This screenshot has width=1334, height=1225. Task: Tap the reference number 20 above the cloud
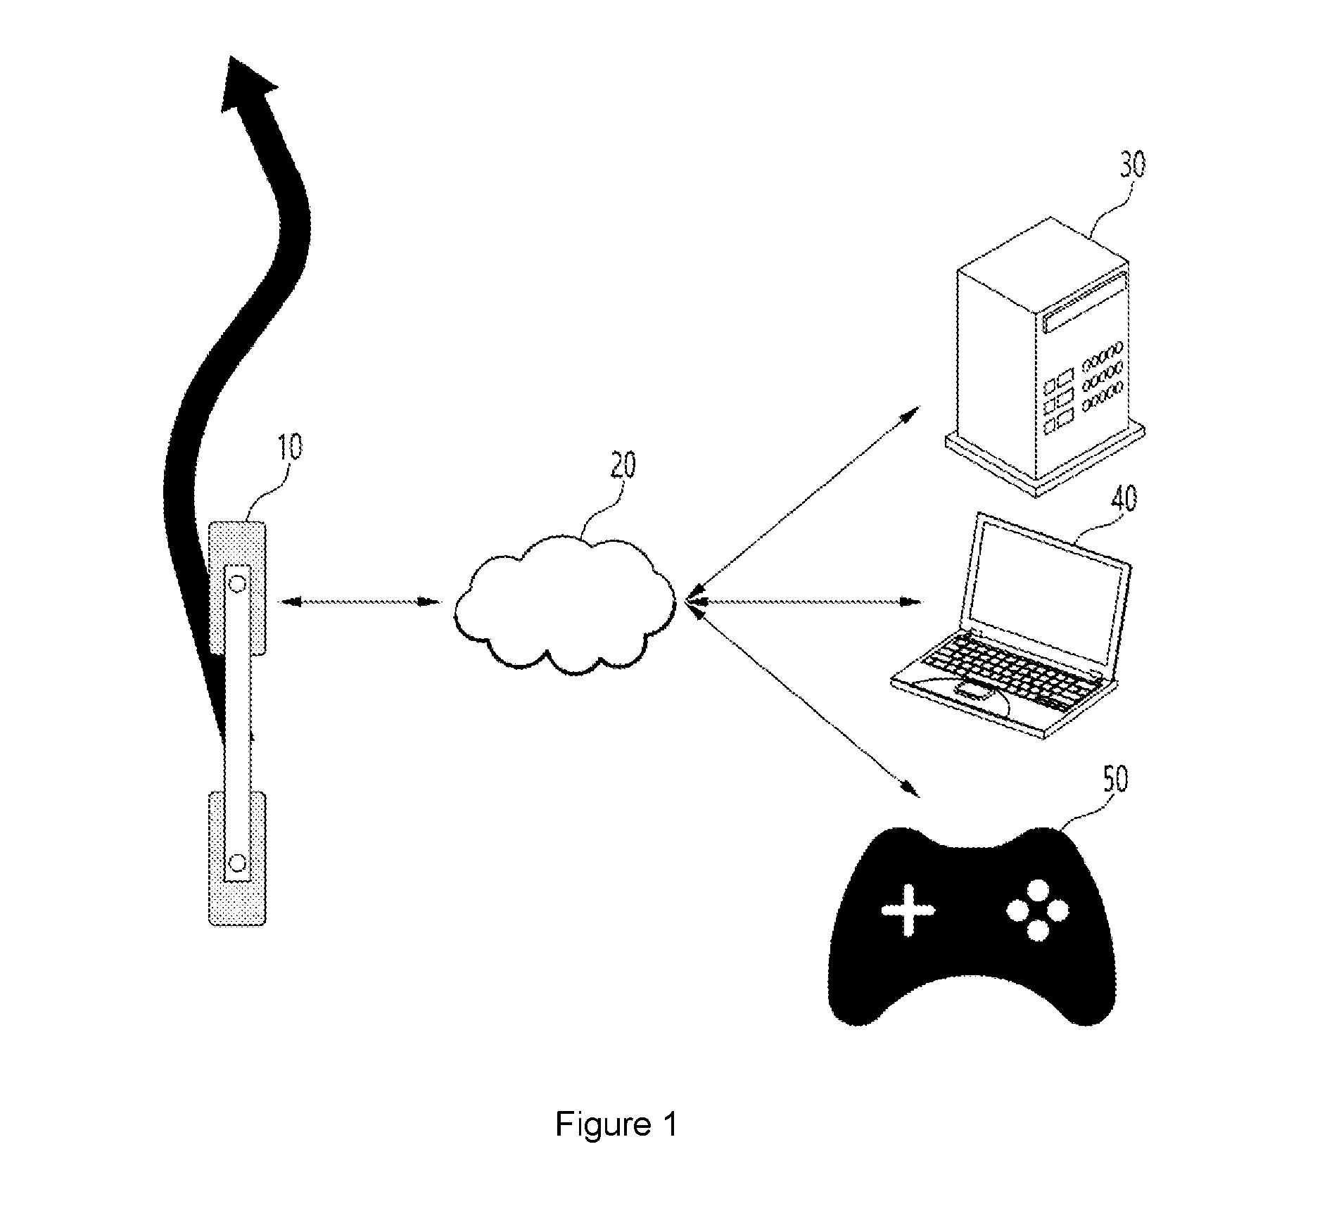pos(622,466)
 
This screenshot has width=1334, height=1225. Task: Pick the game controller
pos(972,929)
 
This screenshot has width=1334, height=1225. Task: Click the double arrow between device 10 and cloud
pos(360,602)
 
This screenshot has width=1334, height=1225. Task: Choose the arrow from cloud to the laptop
pos(801,602)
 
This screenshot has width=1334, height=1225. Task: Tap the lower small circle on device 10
pos(237,861)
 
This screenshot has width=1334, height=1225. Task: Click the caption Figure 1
pos(616,1124)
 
